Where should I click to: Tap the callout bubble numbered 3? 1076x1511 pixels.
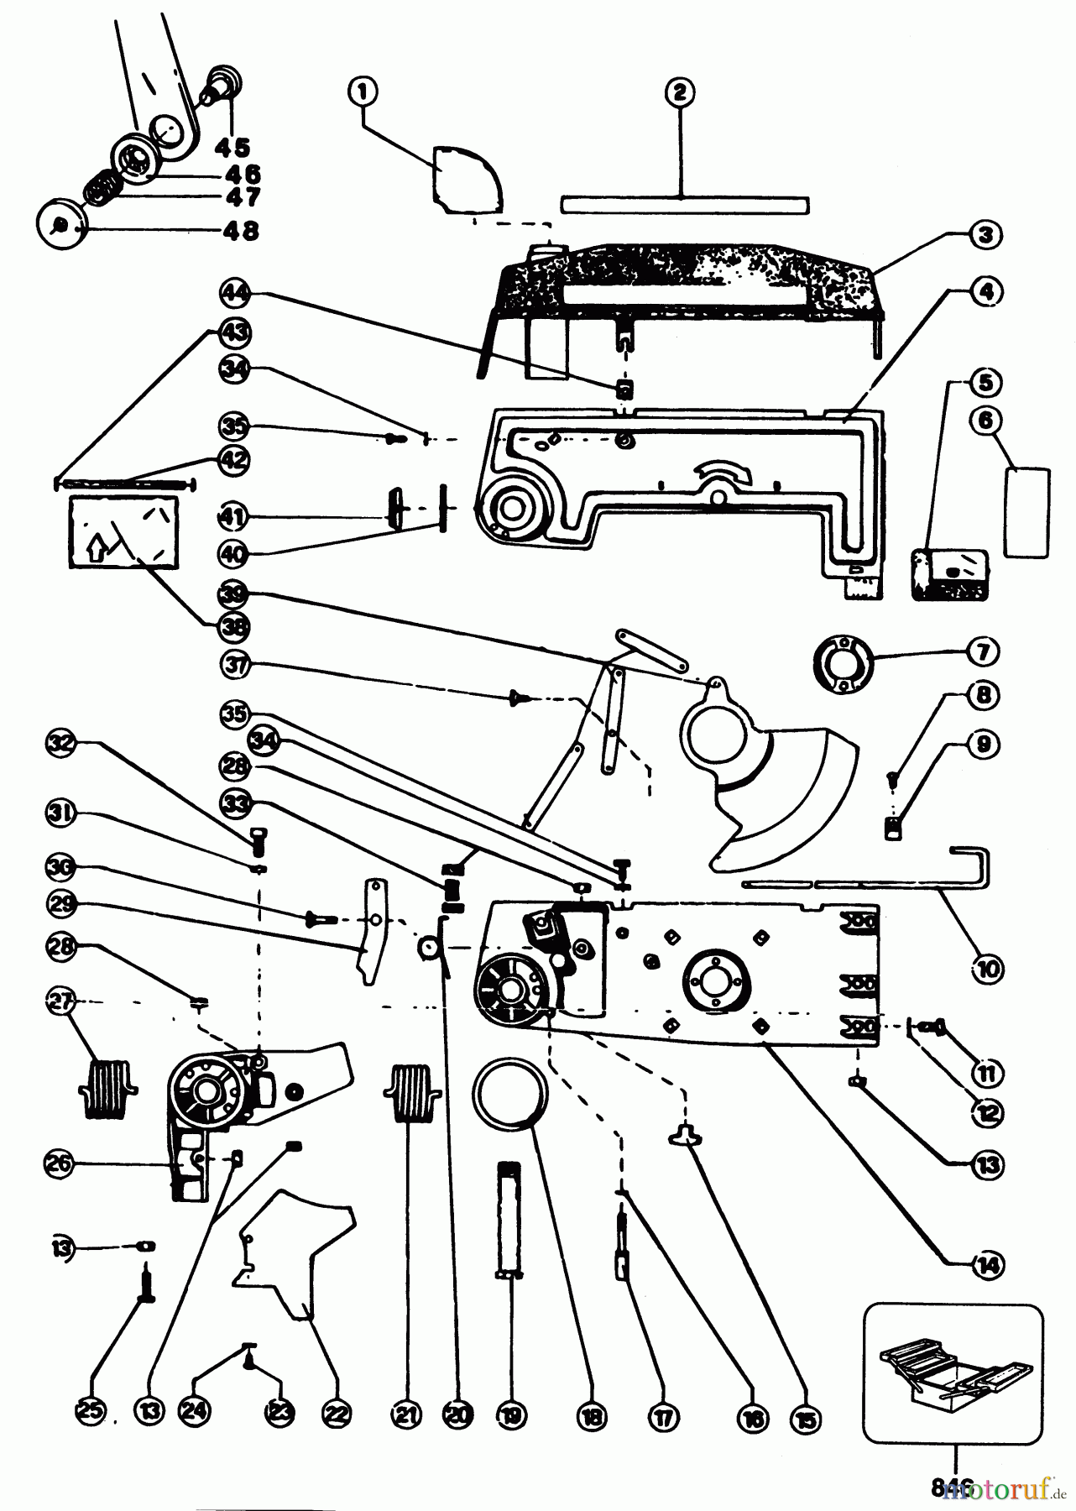(x=986, y=235)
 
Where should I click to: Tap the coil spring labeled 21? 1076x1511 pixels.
(x=411, y=1090)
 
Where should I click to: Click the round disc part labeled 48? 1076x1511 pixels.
(x=61, y=225)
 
